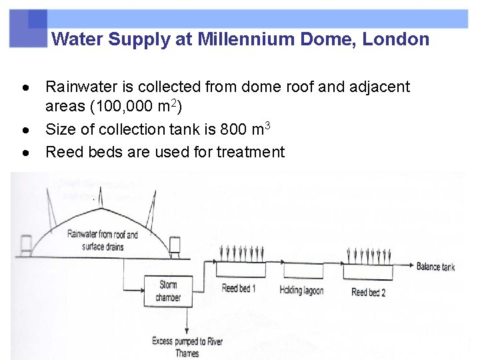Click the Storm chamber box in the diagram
point(167,291)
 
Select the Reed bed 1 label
point(239,289)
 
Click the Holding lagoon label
point(302,290)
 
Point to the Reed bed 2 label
point(368,292)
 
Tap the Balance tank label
point(435,267)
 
